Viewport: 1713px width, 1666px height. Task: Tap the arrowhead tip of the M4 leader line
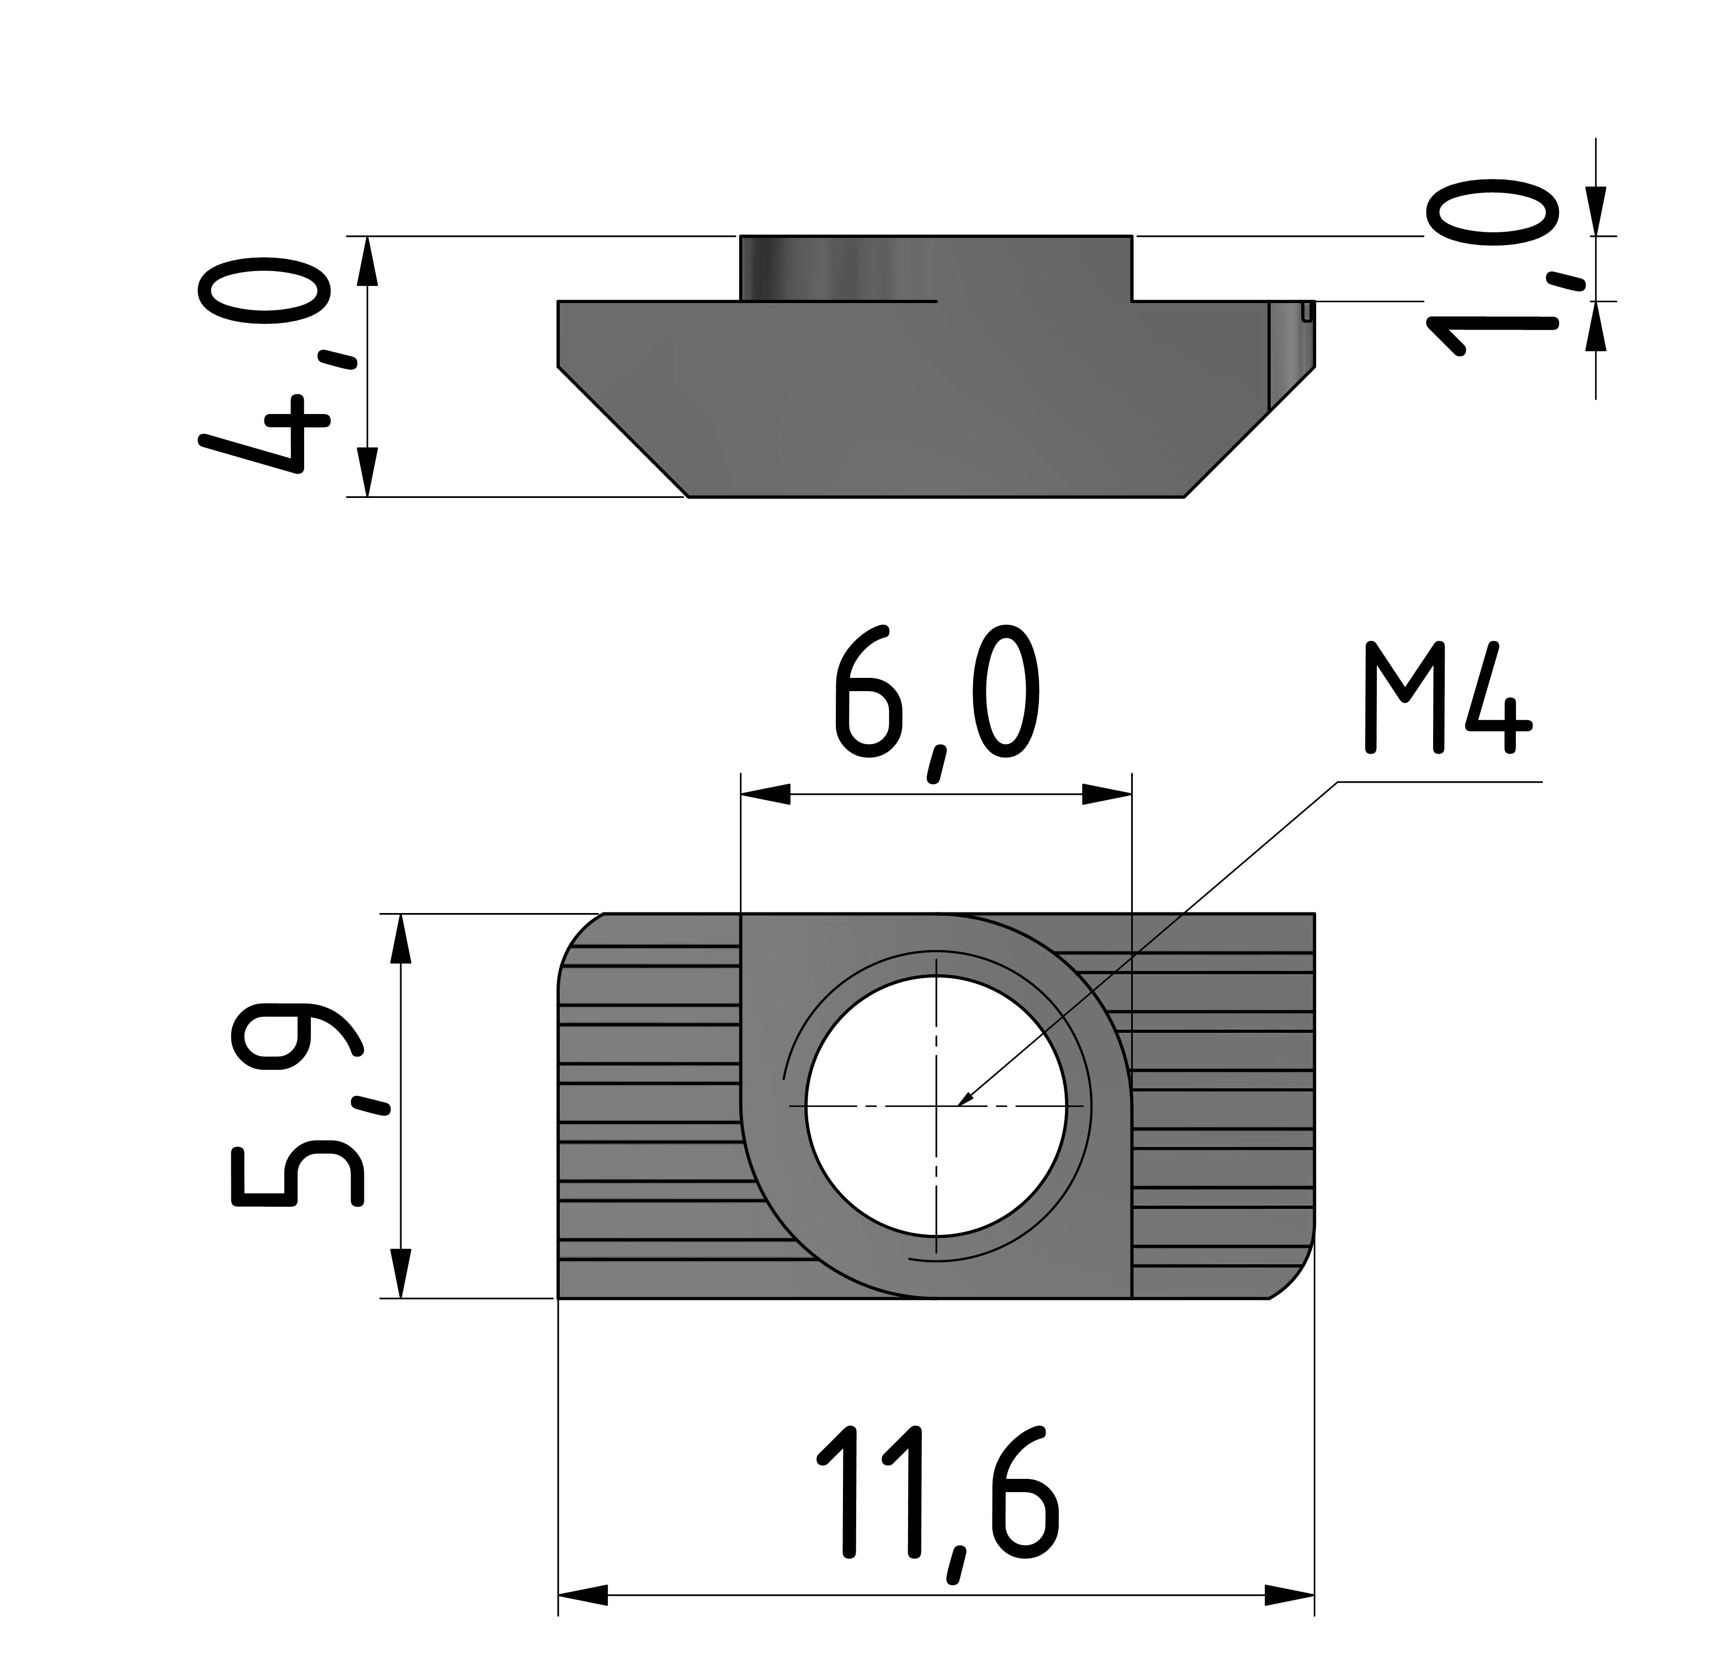[961, 1104]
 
